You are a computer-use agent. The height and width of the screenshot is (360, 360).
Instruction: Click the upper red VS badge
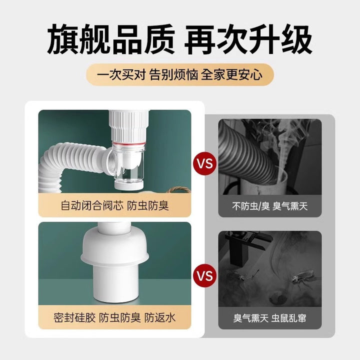[x=205, y=163]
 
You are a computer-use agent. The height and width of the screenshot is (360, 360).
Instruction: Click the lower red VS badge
[x=205, y=275]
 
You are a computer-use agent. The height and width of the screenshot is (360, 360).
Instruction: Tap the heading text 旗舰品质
[x=111, y=39]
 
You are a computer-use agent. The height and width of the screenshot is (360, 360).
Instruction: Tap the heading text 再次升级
[x=248, y=39]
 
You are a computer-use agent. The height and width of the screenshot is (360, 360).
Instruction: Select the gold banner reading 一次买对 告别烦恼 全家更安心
[x=180, y=74]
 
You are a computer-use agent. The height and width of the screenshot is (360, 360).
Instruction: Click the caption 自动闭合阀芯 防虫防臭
[x=114, y=205]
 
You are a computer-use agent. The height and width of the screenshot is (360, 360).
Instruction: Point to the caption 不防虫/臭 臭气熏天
[x=269, y=206]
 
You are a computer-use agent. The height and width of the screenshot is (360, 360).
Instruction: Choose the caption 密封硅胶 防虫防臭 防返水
[x=114, y=317]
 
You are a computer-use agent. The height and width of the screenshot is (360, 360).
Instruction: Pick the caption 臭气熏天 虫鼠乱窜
[x=269, y=318]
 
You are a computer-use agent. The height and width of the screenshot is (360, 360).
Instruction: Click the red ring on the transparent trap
[x=129, y=143]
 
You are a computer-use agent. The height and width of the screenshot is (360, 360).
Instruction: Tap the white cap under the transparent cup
[x=128, y=185]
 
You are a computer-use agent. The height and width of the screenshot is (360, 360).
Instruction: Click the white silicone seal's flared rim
[x=115, y=258]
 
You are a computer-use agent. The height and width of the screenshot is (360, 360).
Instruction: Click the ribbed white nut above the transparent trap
[x=129, y=126]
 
